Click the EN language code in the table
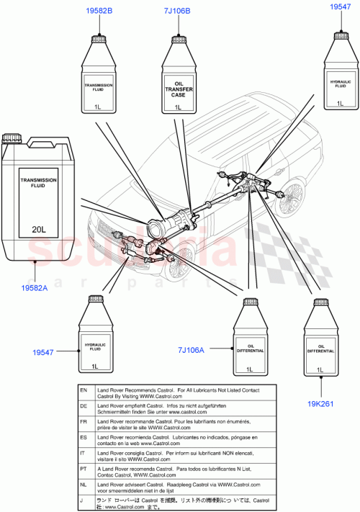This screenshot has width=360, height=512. click(x=83, y=390)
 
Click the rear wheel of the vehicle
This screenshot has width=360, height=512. click(x=293, y=198)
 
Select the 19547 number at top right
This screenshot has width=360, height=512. click(x=341, y=6)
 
